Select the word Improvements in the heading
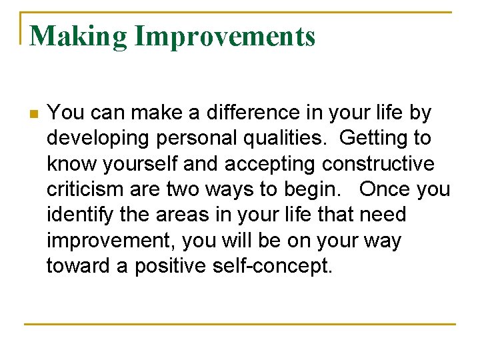click(x=225, y=36)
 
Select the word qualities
click(x=291, y=139)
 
